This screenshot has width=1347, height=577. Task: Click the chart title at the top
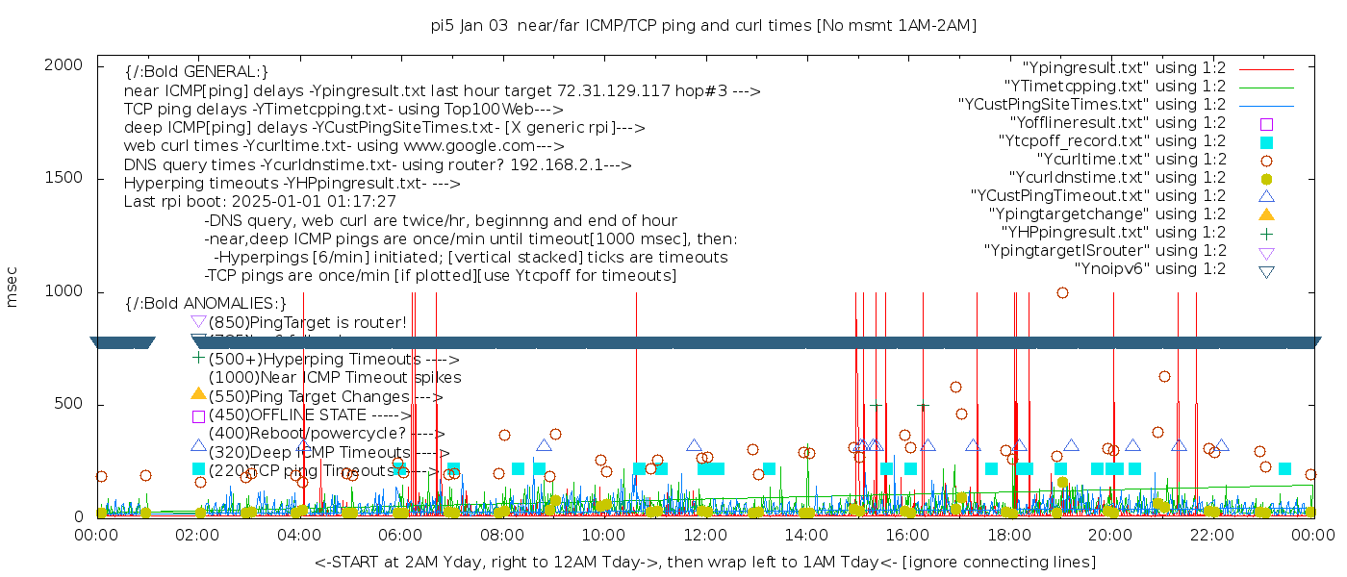[x=703, y=26]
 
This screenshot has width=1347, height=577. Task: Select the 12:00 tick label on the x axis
[x=704, y=536]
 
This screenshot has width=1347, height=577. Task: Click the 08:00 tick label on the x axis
[x=501, y=536]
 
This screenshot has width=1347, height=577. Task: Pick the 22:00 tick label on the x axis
[x=1210, y=536]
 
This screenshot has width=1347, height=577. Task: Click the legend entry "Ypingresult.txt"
[x=1124, y=68]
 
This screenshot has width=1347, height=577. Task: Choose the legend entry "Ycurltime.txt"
[x=1131, y=160]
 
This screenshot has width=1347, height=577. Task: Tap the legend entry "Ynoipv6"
[x=1150, y=269]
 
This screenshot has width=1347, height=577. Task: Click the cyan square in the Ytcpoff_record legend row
[x=1266, y=141]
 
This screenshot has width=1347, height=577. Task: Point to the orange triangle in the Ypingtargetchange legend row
[x=1266, y=213]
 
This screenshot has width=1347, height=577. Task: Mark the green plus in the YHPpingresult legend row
[x=1266, y=233]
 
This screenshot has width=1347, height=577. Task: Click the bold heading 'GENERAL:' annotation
[x=196, y=72]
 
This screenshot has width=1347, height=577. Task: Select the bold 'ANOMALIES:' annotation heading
[x=206, y=304]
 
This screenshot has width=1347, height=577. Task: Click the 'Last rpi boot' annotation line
[x=260, y=202]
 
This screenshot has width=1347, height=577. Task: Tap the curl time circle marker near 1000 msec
[x=1062, y=293]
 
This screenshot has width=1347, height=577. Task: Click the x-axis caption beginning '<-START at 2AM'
[x=704, y=562]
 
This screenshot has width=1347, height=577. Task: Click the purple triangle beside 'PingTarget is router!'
[x=198, y=321]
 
